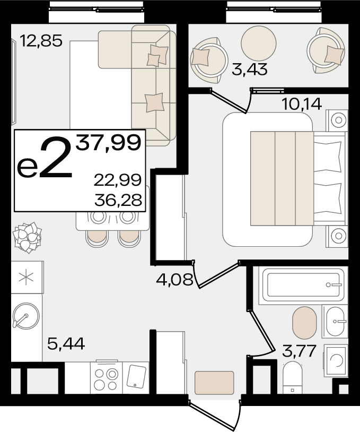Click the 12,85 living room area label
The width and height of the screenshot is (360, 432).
pos(41,41)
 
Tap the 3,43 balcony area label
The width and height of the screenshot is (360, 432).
pos(249,69)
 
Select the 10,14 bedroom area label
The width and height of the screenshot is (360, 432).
pos(301,104)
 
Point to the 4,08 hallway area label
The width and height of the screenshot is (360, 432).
pos(174,280)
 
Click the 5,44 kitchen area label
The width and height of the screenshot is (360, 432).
pos(66,343)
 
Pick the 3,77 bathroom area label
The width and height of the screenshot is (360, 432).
pos(299,351)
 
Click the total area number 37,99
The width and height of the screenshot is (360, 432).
pos(109,143)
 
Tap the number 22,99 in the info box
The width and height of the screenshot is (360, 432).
pos(118,180)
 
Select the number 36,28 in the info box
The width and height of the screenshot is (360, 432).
pos(118,200)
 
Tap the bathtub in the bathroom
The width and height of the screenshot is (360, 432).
pos(303,284)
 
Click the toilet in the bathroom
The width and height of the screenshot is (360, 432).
pos(293,378)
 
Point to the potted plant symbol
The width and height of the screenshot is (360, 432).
pos(27,237)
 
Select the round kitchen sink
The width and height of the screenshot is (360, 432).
pos(26,316)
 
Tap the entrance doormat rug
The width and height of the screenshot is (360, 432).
pos(214,383)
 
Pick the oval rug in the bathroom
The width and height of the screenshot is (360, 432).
pos(304,323)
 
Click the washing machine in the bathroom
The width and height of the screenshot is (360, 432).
pos(336,360)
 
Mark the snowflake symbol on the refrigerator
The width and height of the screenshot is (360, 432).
pos(26,277)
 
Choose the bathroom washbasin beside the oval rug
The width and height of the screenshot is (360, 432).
pos(335,321)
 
